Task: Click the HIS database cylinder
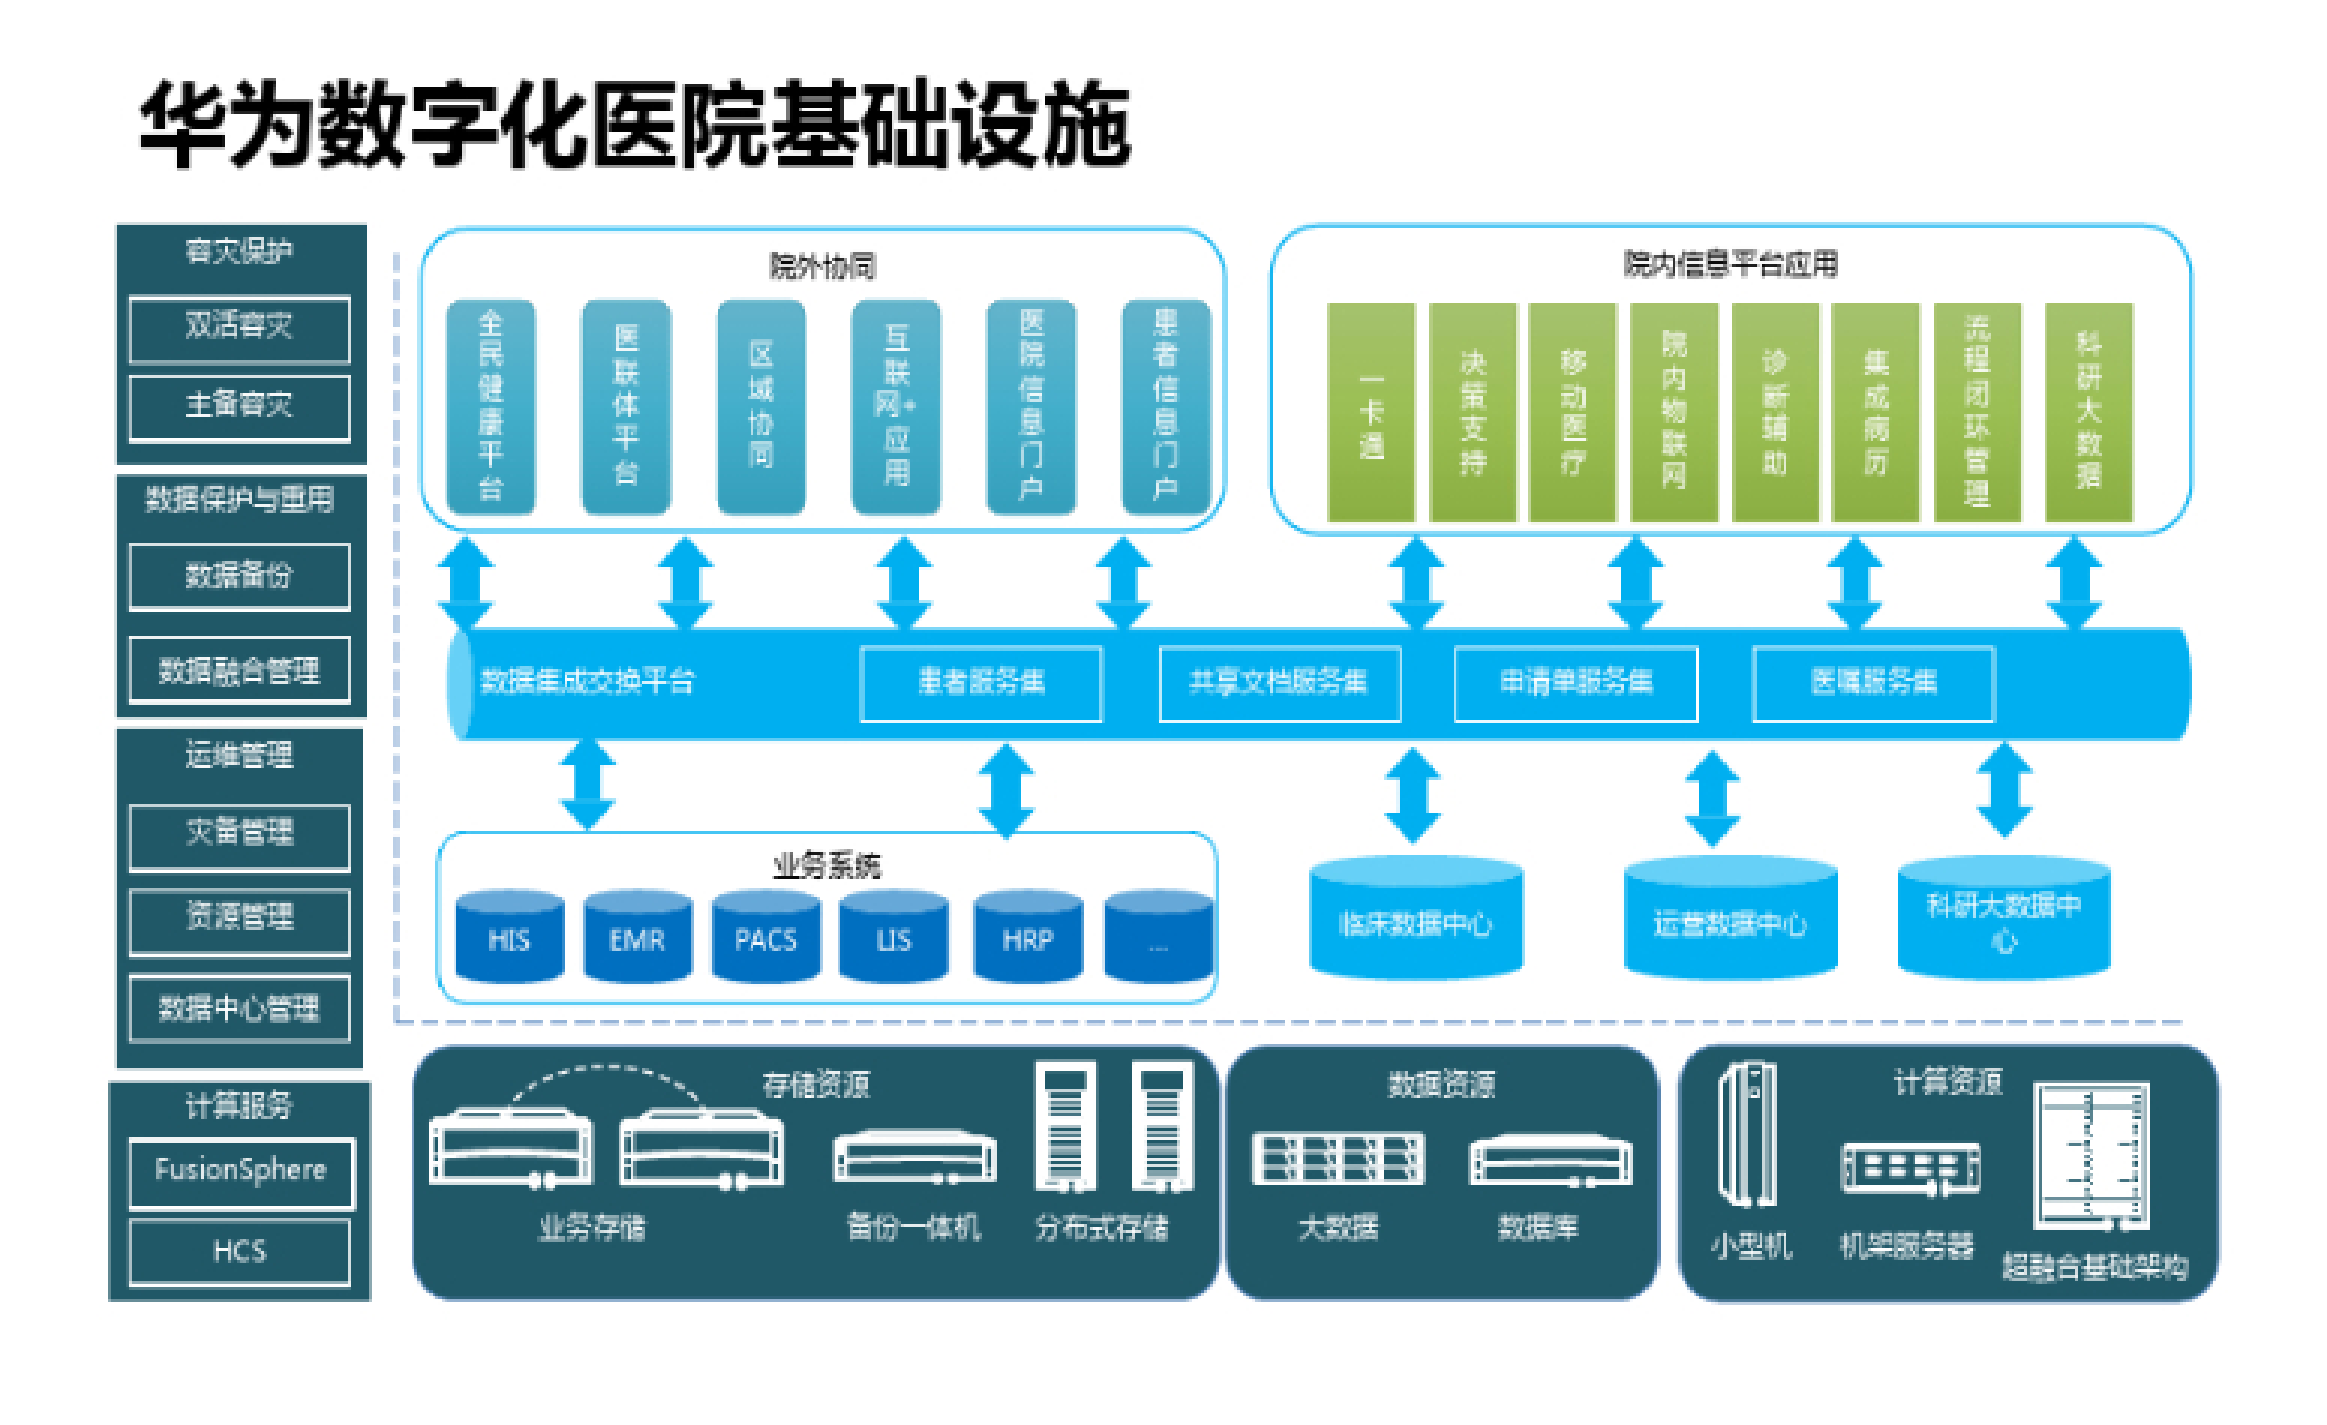(x=509, y=937)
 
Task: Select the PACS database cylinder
(x=765, y=937)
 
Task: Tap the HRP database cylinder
(x=1027, y=937)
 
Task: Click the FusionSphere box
(x=240, y=1172)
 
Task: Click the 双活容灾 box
(x=240, y=328)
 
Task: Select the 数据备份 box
(x=240, y=575)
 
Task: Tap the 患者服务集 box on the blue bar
(x=980, y=683)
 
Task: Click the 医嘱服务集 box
(x=1873, y=683)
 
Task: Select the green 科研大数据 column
(x=2088, y=413)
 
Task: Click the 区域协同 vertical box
(x=760, y=407)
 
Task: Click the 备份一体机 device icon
(x=914, y=1159)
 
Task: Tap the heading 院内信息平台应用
(x=1730, y=264)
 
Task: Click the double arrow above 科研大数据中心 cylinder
(x=2004, y=791)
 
